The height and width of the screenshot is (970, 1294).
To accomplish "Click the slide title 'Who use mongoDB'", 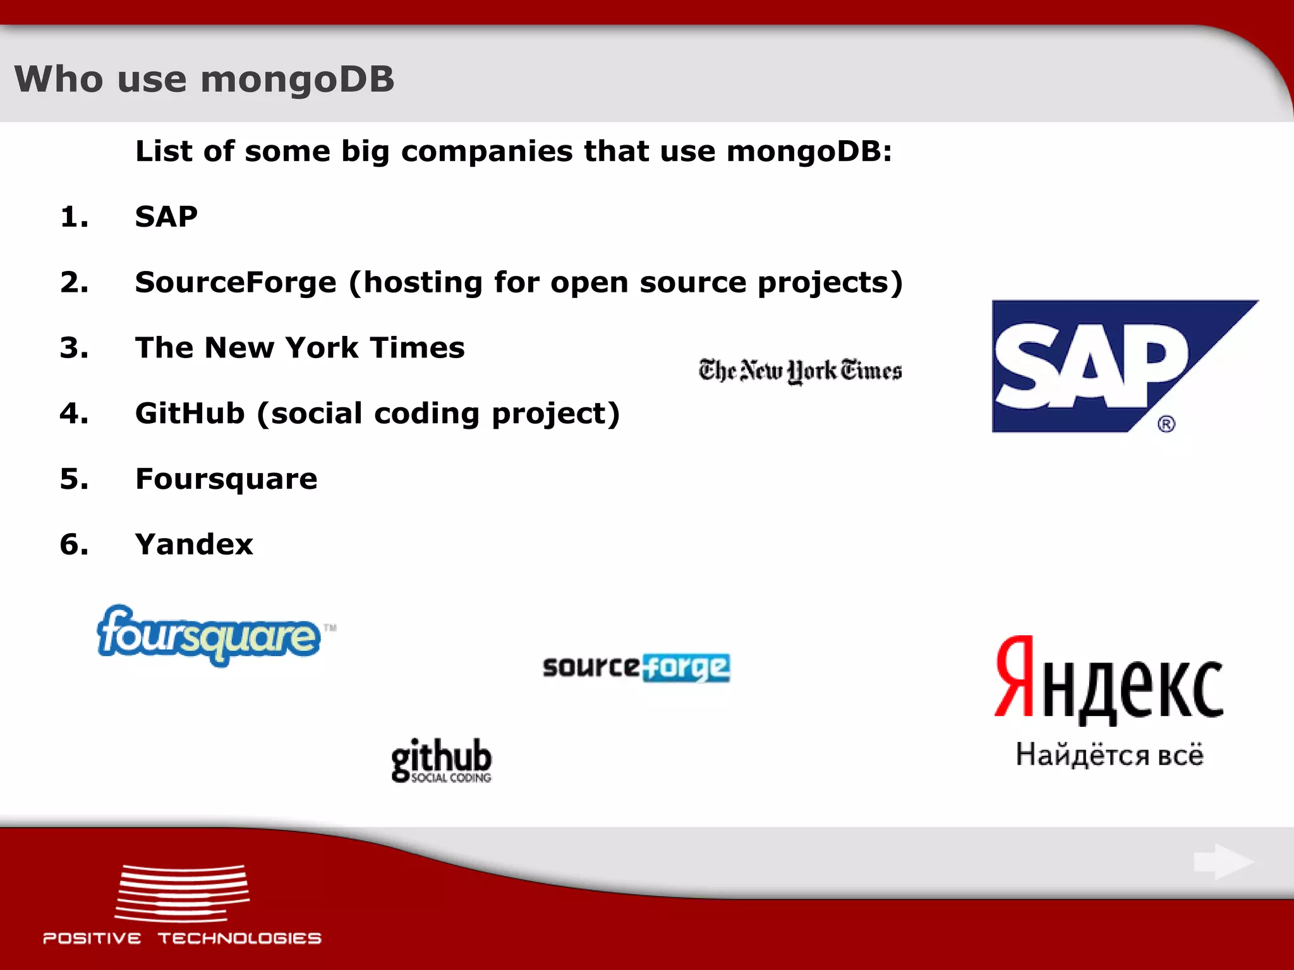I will [x=204, y=80].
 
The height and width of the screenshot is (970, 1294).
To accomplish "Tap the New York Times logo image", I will [x=800, y=371].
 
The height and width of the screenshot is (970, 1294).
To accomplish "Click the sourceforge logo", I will [x=636, y=668].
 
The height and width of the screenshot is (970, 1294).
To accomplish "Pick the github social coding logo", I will [x=441, y=760].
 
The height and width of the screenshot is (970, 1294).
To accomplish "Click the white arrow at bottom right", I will [x=1223, y=861].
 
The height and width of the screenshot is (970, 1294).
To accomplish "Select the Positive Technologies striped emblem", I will [x=183, y=893].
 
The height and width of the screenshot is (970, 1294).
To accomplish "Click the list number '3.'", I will [x=74, y=348].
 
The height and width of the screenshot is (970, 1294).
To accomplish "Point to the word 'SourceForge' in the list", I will [x=236, y=282].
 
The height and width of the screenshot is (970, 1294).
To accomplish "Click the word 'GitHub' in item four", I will [x=190, y=414].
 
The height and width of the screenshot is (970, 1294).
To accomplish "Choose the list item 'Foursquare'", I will [x=226, y=479].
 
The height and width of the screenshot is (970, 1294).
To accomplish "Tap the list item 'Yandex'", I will [x=194, y=544].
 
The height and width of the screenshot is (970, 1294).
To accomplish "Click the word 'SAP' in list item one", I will [x=166, y=217].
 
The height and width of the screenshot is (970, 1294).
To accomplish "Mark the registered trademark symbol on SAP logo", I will [x=1166, y=424].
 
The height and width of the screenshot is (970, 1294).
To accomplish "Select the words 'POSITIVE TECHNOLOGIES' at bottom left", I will [x=182, y=938].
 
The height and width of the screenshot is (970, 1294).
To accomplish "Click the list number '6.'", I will [x=74, y=544].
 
